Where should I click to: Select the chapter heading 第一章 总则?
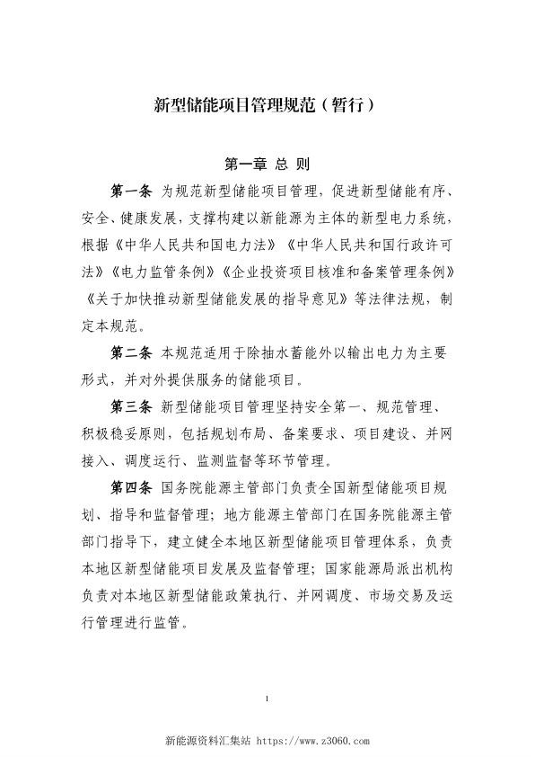point(267,165)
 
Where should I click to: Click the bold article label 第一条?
point(132,191)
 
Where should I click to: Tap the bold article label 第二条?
point(132,349)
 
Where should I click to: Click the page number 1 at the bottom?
point(267,698)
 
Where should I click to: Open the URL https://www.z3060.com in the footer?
point(314,743)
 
